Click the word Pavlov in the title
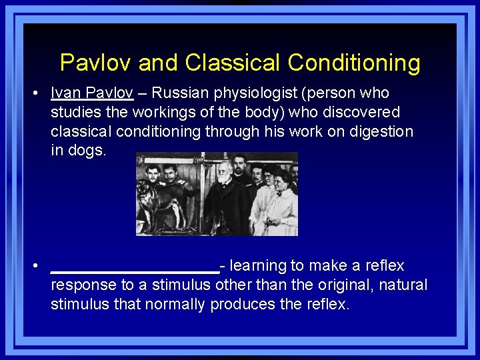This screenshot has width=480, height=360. (93, 63)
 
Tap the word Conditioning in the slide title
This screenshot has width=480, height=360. (354, 63)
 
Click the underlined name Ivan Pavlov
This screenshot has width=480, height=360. (92, 93)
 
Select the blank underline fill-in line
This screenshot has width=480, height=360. (135, 270)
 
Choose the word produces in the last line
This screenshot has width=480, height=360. (241, 305)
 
